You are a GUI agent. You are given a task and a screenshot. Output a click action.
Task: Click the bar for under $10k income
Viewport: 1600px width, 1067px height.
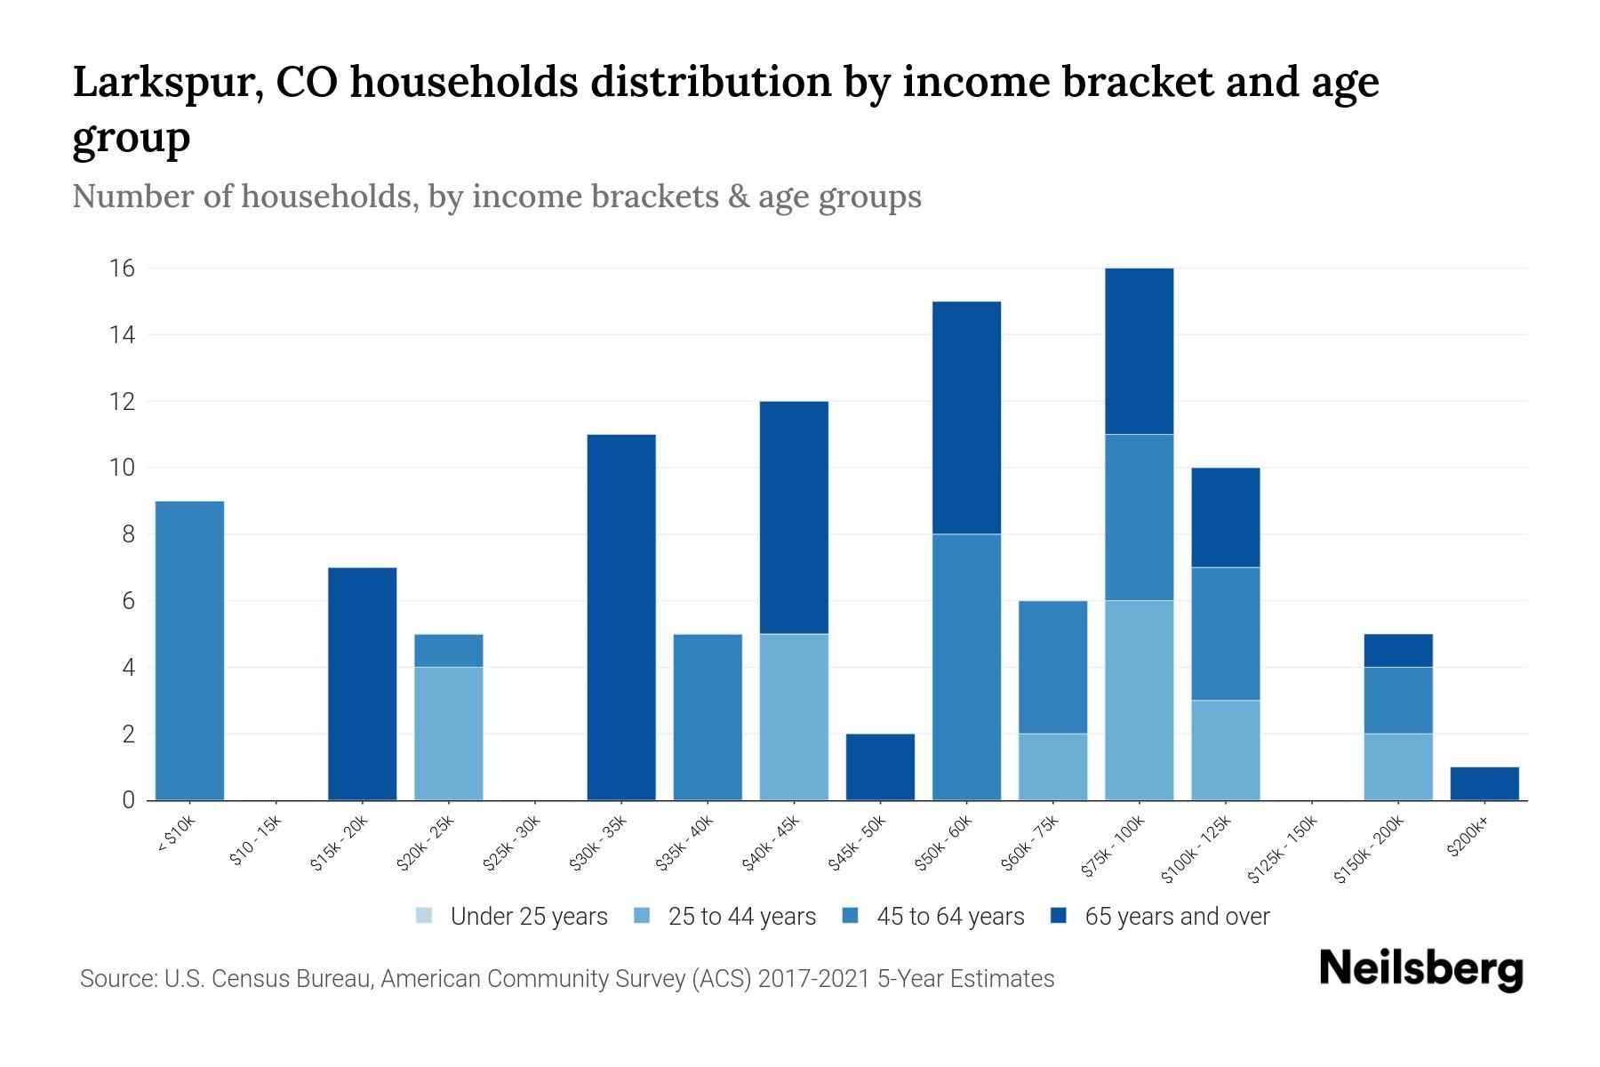[x=189, y=651]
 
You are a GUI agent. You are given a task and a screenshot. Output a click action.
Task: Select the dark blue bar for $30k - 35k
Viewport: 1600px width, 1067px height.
[x=621, y=617]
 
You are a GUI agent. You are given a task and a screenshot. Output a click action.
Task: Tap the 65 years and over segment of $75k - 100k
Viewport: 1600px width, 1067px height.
[x=1139, y=351]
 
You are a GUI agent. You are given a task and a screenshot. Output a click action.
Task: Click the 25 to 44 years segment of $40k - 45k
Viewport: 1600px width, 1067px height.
[x=794, y=717]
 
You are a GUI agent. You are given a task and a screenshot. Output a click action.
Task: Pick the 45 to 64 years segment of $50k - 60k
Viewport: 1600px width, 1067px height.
[x=966, y=667]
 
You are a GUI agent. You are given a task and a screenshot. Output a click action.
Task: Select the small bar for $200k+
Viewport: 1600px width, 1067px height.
[x=1484, y=783]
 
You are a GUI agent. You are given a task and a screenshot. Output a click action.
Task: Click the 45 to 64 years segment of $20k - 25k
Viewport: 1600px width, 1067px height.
[x=448, y=650]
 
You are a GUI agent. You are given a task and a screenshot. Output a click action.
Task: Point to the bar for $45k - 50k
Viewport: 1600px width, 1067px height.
[x=880, y=766]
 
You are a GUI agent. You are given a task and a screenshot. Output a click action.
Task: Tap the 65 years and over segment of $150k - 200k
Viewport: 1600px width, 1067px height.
[x=1397, y=650]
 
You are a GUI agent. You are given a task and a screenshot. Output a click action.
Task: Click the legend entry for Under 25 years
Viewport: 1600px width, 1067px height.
[x=513, y=916]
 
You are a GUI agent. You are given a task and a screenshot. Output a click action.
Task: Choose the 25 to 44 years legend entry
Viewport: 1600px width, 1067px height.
[x=725, y=916]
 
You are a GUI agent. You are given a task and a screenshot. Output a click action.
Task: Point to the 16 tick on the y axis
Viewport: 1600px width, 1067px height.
[x=122, y=269]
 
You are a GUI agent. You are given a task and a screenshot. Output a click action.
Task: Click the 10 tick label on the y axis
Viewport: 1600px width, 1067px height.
[x=122, y=468]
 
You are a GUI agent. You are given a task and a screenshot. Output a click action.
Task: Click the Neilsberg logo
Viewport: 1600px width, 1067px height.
[x=1420, y=969]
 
